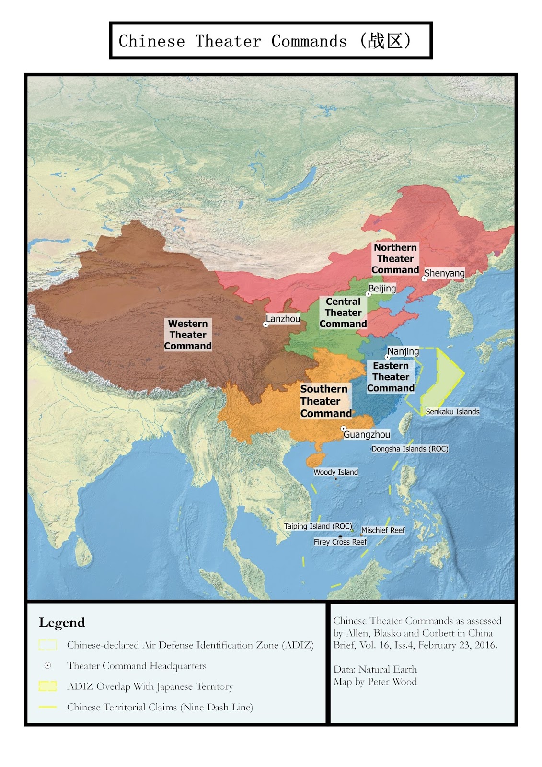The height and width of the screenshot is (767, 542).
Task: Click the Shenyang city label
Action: tap(444, 273)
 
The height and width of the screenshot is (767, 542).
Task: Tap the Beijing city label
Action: tap(382, 289)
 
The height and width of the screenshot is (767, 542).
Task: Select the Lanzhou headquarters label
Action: tap(283, 319)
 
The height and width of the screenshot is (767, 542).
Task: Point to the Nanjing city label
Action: tap(403, 351)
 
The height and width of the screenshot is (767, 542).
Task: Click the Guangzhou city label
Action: tap(367, 435)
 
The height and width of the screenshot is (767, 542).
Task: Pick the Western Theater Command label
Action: tap(188, 335)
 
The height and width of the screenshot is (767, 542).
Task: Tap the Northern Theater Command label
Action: tap(395, 259)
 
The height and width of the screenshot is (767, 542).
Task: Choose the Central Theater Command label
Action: tap(343, 313)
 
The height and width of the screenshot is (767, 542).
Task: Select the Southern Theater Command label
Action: tap(325, 401)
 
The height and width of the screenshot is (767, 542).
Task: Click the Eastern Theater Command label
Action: tap(391, 377)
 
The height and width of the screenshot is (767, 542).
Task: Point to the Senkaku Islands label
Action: tap(452, 412)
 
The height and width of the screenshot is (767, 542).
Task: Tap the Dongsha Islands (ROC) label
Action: tap(410, 449)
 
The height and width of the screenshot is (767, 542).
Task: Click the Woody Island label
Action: tap(335, 472)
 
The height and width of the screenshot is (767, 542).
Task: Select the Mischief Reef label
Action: tap(383, 530)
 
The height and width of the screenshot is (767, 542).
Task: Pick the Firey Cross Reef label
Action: tap(340, 542)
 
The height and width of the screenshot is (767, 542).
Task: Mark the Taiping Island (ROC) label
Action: tap(318, 526)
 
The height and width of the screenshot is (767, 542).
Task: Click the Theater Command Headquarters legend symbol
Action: tap(47, 666)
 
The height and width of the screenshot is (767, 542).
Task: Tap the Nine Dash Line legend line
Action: tap(47, 707)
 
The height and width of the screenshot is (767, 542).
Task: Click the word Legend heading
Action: tap(62, 623)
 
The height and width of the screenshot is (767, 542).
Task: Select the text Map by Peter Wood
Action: tap(375, 682)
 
